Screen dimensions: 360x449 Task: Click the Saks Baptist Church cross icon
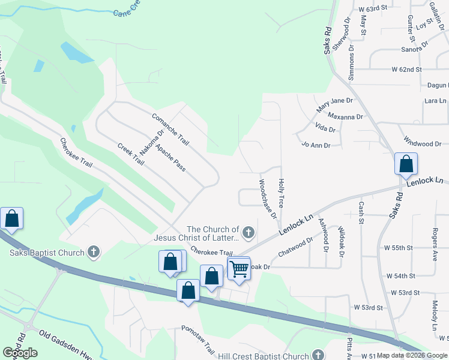[x=93, y=252]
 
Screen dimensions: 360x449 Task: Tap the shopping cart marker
[x=239, y=268]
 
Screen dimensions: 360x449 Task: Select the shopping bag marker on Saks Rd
[x=406, y=163]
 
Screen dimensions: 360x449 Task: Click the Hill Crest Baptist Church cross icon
[x=318, y=356]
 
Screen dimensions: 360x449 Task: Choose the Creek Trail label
[x=129, y=155]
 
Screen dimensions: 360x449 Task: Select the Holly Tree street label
[x=280, y=193]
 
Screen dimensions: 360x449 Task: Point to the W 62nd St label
[x=411, y=70]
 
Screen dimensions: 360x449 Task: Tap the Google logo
[x=20, y=353]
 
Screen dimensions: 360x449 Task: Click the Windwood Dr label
[x=423, y=144]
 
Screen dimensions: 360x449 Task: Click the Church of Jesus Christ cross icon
[x=248, y=232]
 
